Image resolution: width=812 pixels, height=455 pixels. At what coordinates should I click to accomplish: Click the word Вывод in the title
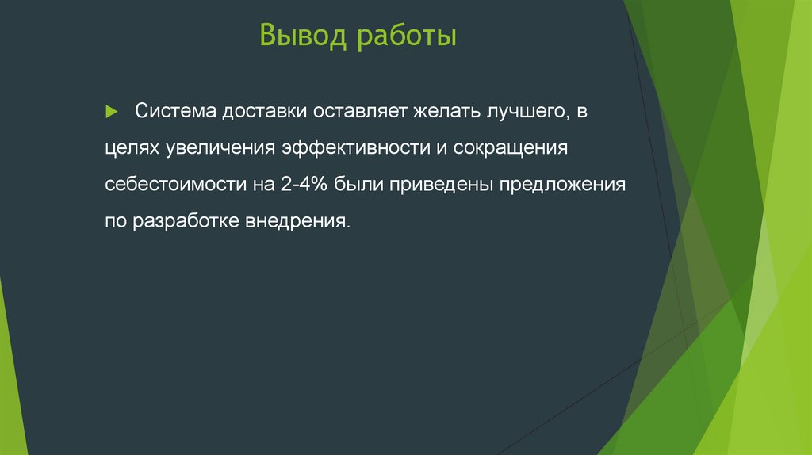point(302,36)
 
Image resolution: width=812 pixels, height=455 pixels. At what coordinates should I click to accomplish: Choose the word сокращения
point(497,148)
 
